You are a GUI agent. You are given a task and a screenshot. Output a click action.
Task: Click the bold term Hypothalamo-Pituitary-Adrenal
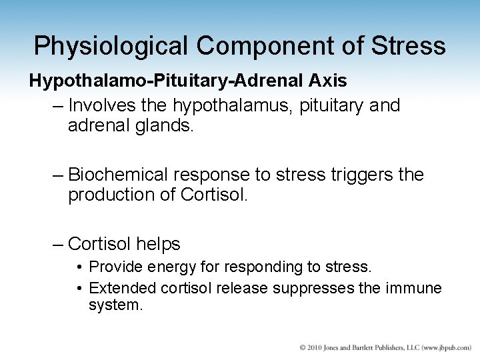pyautogui.click(x=159, y=81)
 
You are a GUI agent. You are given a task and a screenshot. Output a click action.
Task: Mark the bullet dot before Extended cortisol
pyautogui.click(x=79, y=289)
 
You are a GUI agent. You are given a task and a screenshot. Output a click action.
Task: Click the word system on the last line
pyautogui.click(x=116, y=307)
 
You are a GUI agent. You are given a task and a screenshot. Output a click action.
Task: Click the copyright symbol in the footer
pyautogui.click(x=303, y=348)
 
